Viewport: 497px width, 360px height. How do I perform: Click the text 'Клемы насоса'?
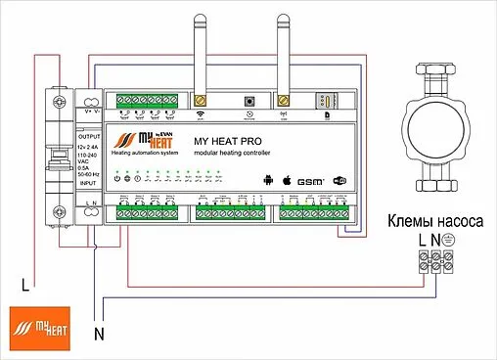[x=434, y=221]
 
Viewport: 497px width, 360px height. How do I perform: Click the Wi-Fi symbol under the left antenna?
[x=203, y=114]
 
